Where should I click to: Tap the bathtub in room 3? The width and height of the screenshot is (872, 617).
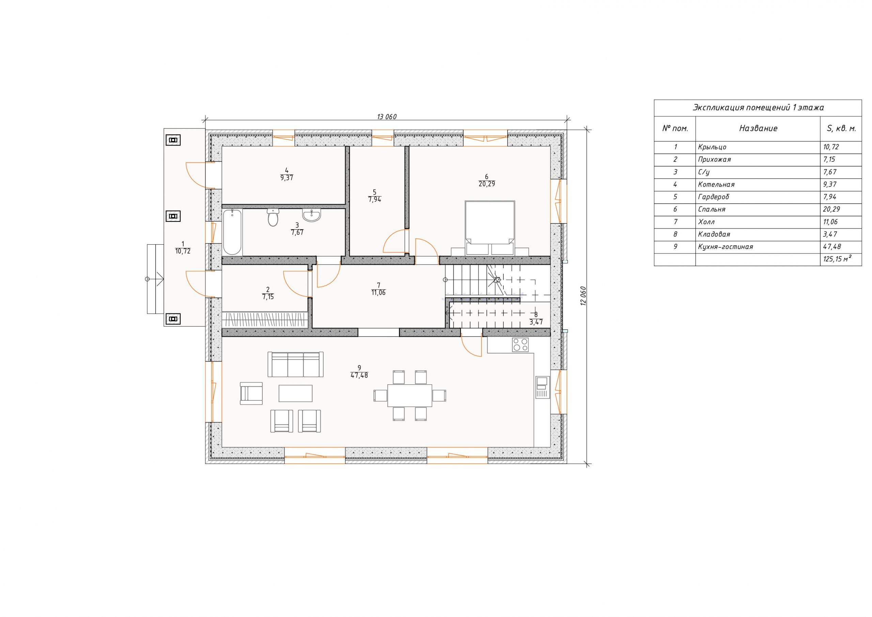click(x=232, y=232)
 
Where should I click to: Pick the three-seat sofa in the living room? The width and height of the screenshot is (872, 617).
click(x=295, y=364)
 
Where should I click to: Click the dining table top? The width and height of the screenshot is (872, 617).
click(x=410, y=396)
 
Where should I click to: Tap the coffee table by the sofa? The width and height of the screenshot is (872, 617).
click(x=295, y=393)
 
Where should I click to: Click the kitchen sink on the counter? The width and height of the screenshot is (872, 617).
click(x=542, y=387)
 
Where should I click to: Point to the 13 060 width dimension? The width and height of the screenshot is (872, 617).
click(x=387, y=117)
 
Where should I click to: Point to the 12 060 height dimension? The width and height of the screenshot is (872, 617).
click(x=583, y=296)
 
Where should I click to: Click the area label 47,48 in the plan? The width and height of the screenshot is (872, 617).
click(x=359, y=375)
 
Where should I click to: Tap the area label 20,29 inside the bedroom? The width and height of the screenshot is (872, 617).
click(x=487, y=184)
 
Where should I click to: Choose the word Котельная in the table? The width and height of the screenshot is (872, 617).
click(x=716, y=185)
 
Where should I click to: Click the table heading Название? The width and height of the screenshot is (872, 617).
click(x=758, y=128)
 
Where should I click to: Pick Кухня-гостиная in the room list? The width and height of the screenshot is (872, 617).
click(x=726, y=247)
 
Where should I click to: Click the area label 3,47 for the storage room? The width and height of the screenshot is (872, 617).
click(x=536, y=322)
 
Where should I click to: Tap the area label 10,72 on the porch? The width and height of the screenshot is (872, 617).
click(x=183, y=251)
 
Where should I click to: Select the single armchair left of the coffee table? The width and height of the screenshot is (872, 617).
click(x=251, y=393)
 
